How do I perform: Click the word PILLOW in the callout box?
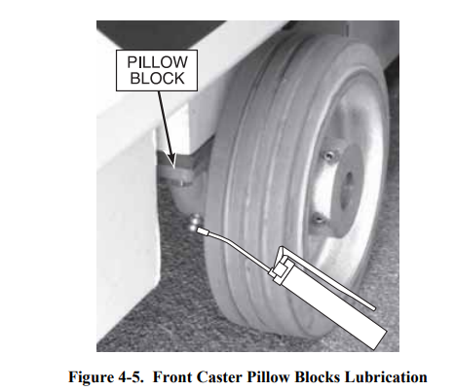point(157,62)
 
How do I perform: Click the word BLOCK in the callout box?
point(157,79)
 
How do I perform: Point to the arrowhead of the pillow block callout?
point(171,161)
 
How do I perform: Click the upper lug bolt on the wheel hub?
point(328,157)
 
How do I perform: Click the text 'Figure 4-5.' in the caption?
point(106,377)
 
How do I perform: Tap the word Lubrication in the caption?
point(386,377)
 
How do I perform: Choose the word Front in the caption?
point(172,377)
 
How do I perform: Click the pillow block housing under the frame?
point(182,182)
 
